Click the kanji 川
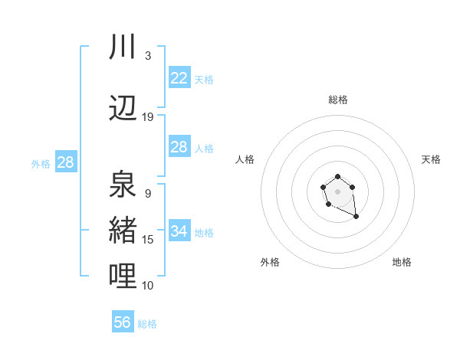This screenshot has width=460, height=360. (x=123, y=47)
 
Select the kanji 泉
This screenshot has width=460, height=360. (x=123, y=184)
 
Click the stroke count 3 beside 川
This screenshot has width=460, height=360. (x=147, y=56)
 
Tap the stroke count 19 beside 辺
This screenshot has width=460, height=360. (x=147, y=116)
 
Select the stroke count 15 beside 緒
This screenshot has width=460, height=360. (x=147, y=240)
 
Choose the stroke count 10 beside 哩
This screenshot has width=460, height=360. (x=147, y=286)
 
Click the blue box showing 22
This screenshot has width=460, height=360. (x=179, y=78)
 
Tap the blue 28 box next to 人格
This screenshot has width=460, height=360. (x=179, y=148)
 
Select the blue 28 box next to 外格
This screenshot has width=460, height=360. (x=65, y=162)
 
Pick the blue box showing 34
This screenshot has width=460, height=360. (x=179, y=231)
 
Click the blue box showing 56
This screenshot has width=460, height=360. (x=123, y=322)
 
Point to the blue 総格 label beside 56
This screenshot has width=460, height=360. (x=147, y=324)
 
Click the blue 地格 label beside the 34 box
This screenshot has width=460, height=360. (x=204, y=233)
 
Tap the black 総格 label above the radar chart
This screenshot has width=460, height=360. (x=337, y=100)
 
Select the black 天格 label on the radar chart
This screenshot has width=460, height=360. (x=431, y=159)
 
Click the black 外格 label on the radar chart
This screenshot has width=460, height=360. (x=270, y=263)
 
